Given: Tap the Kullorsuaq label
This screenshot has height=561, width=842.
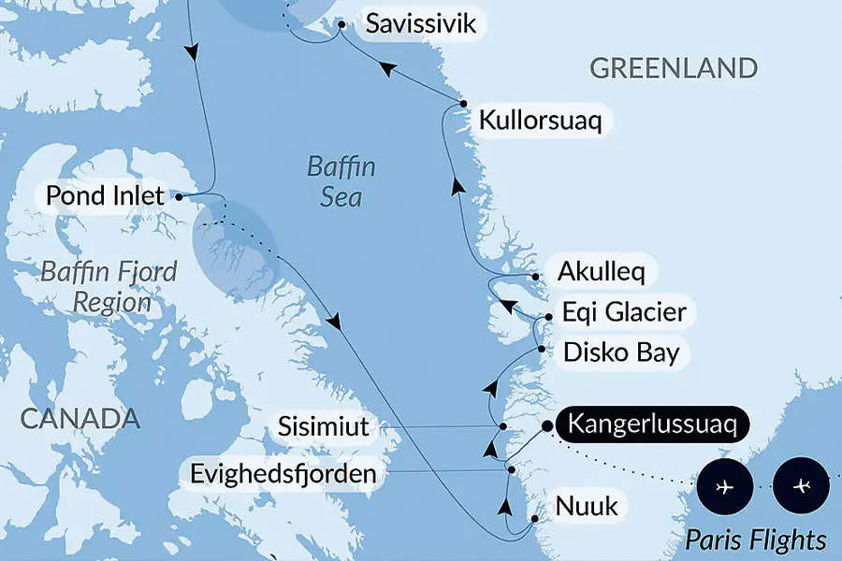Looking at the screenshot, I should pyautogui.click(x=540, y=121).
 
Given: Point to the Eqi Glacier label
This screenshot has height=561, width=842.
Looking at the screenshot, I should pyautogui.click(x=624, y=312).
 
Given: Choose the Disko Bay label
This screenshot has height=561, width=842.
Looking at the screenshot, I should pyautogui.click(x=620, y=352).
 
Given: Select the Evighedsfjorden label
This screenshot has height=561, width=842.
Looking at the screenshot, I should pyautogui.click(x=283, y=474).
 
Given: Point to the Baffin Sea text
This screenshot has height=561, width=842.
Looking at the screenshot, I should pyautogui.click(x=341, y=182).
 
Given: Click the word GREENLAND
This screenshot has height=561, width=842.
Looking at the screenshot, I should pyautogui.click(x=674, y=68).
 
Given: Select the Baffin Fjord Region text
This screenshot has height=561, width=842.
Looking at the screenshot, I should pyautogui.click(x=109, y=287).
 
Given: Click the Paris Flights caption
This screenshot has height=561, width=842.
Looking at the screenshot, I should pyautogui.click(x=756, y=539).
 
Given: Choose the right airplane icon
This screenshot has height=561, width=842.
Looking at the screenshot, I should pyautogui.click(x=802, y=487).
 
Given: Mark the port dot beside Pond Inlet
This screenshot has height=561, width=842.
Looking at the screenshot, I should pyautogui.click(x=178, y=196).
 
